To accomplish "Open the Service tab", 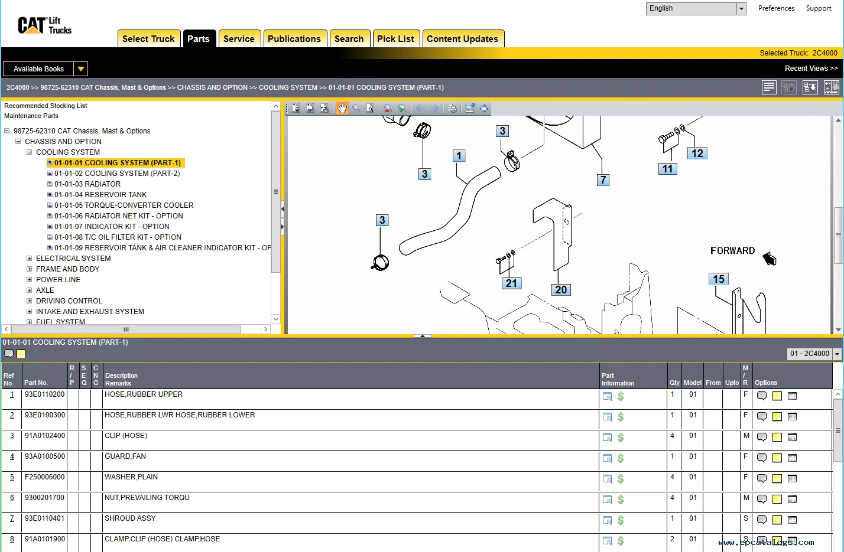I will tap(239, 39).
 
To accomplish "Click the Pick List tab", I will tap(395, 39).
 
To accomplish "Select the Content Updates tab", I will tap(462, 39).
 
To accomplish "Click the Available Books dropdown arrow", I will tap(81, 69).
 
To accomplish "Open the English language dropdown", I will tap(741, 9).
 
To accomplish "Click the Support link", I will tap(818, 8).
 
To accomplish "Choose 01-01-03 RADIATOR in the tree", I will tap(87, 184).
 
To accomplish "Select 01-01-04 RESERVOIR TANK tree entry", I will tap(100, 195).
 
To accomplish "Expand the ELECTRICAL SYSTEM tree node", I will tap(30, 259).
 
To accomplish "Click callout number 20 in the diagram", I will tap(561, 290).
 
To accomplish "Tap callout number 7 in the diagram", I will tap(603, 180).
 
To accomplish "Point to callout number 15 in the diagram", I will tap(718, 279).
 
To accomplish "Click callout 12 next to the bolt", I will tap(697, 153).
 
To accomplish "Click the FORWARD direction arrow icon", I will tap(769, 259).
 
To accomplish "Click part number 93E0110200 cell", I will tap(44, 394).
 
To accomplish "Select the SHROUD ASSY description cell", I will tap(130, 518).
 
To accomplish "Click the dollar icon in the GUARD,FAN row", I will tap(621, 458).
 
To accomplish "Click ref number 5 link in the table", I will tap(12, 477).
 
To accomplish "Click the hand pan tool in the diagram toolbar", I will tap(342, 108).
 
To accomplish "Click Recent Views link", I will tap(811, 68).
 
